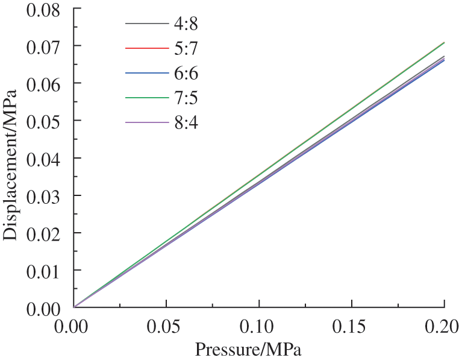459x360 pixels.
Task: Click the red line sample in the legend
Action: (x=146, y=48)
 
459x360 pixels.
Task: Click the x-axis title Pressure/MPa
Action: (x=248, y=350)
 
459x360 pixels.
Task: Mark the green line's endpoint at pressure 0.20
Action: (x=444, y=43)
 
